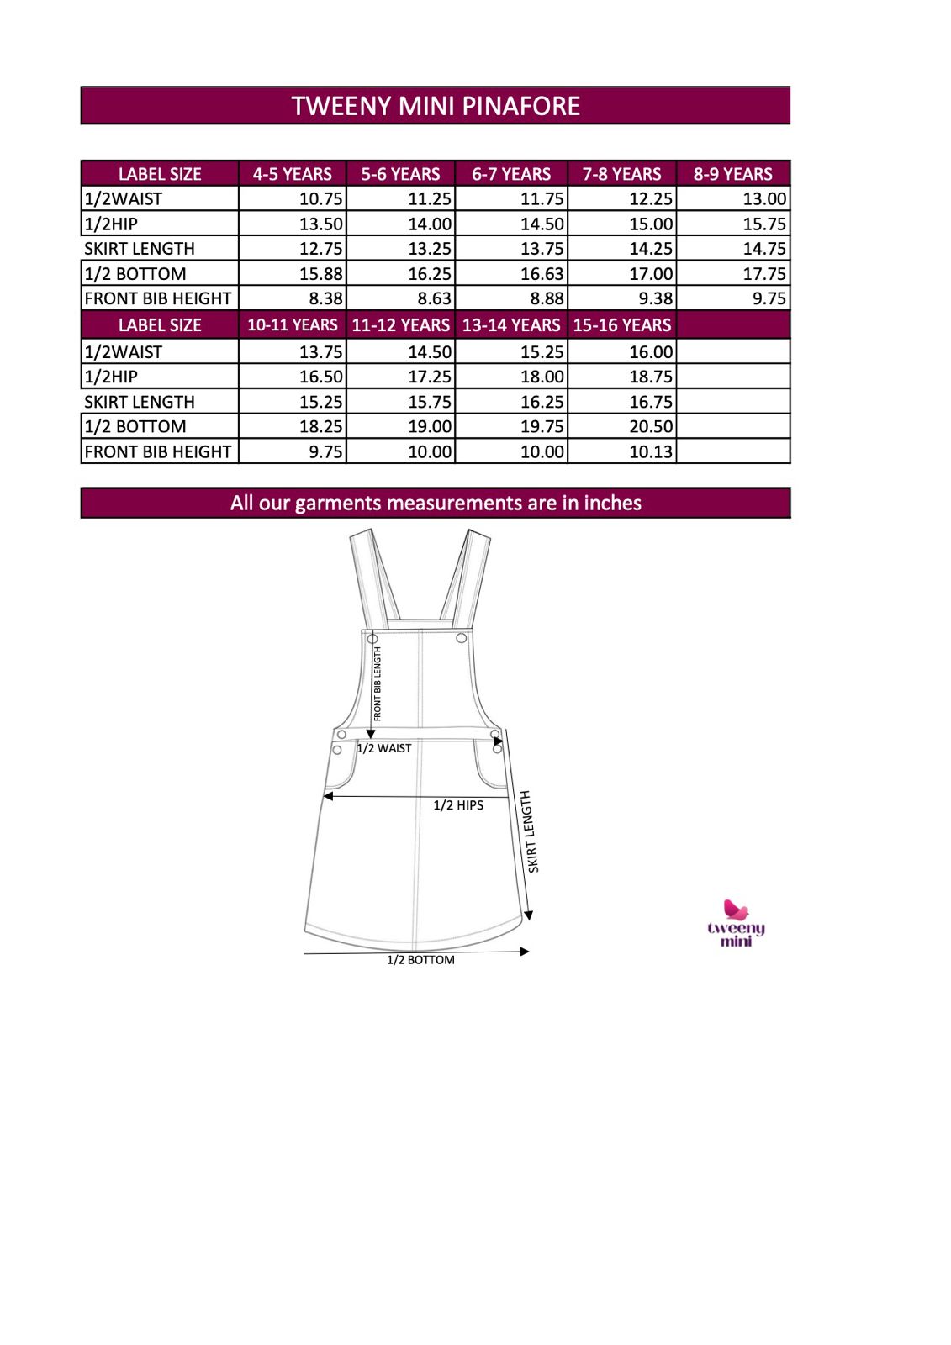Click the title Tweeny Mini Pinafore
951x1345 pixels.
tap(436, 106)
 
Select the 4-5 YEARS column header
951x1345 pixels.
tap(292, 174)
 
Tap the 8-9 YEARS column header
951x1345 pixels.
tap(732, 174)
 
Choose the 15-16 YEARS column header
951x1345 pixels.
tap(622, 325)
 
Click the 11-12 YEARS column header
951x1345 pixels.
tap(400, 325)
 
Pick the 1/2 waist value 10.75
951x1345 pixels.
tap(320, 199)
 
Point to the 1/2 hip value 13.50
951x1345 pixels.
tap(320, 224)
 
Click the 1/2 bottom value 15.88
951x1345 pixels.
tap(320, 274)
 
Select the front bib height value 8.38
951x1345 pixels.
tap(325, 298)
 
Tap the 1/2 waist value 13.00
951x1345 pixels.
tap(764, 199)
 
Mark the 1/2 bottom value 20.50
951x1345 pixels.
tap(651, 426)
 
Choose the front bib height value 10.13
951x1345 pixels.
tap(651, 451)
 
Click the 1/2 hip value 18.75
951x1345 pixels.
tap(651, 377)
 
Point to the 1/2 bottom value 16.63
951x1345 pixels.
tap(542, 274)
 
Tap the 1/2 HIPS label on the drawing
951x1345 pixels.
tap(458, 805)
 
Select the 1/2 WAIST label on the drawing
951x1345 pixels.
tap(384, 748)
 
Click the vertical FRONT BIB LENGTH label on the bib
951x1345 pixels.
tap(378, 683)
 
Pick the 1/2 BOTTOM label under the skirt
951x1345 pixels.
tap(420, 960)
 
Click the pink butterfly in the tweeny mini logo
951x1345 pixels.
tap(736, 910)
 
